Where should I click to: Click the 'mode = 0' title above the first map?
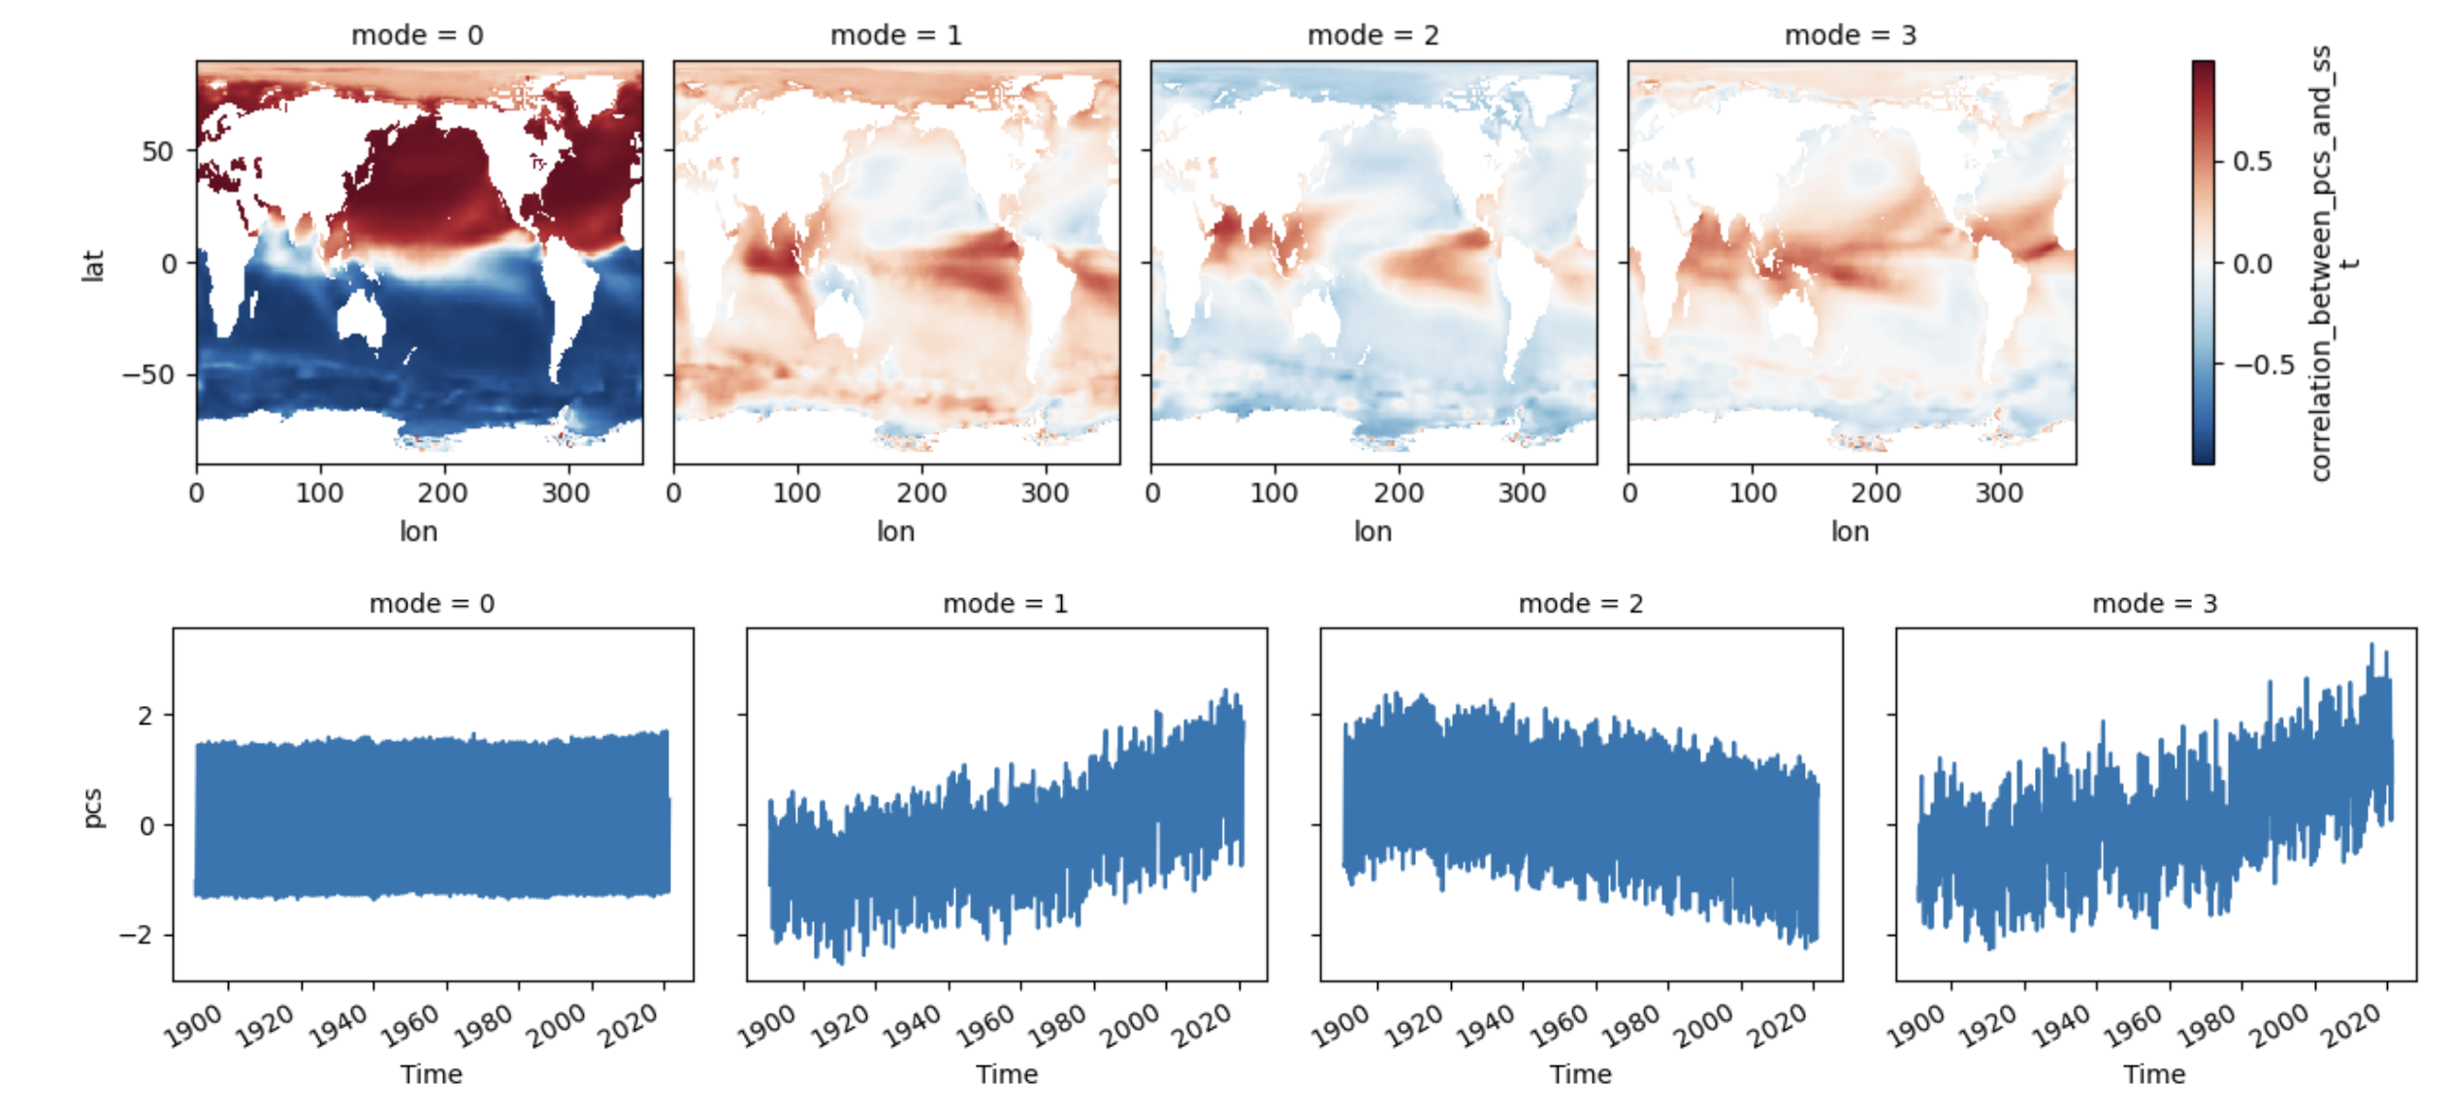pyautogui.click(x=417, y=36)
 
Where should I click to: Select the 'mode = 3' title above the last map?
pyautogui.click(x=1850, y=36)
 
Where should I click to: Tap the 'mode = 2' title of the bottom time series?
pyautogui.click(x=1580, y=604)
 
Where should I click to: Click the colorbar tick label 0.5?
pyautogui.click(x=2252, y=161)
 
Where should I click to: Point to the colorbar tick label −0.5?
pyautogui.click(x=2265, y=365)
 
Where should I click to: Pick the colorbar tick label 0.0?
pyautogui.click(x=2252, y=264)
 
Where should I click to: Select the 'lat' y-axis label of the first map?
pyautogui.click(x=92, y=265)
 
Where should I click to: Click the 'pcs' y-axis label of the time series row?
pyautogui.click(x=92, y=808)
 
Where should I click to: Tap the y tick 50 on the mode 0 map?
pyautogui.click(x=157, y=151)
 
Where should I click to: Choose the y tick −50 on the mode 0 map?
pyautogui.click(x=147, y=374)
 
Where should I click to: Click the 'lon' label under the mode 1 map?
pyautogui.click(x=895, y=531)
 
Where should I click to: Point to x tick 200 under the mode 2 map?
pyautogui.click(x=1398, y=494)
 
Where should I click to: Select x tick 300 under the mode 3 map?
pyautogui.click(x=1999, y=494)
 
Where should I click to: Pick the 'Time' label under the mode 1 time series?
pyautogui.click(x=1006, y=1074)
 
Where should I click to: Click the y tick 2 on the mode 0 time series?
pyautogui.click(x=145, y=716)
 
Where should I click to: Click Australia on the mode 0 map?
pyautogui.click(x=361, y=317)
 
